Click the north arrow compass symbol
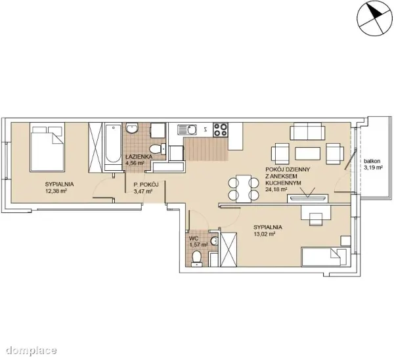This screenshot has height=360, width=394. coord(374,18)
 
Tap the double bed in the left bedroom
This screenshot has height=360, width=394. coord(47,147)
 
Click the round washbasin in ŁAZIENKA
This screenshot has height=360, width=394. coord(132,128)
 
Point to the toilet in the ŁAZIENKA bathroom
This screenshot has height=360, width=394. coord(158,149)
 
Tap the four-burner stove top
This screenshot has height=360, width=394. coord(221,129)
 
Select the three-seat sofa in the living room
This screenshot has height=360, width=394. coord(307,131)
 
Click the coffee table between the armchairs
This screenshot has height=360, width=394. coord(307,154)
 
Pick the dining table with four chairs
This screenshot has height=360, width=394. coord(244,189)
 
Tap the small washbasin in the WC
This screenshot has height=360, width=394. coord(214,241)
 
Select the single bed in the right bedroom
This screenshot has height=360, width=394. coord(326,257)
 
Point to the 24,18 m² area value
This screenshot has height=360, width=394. coord(276,189)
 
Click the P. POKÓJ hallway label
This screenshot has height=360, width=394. coord(146,185)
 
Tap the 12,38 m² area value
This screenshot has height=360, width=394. coord(56,191)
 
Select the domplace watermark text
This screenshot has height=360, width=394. coord(32,349)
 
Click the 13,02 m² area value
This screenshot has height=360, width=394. coord(265,234)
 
